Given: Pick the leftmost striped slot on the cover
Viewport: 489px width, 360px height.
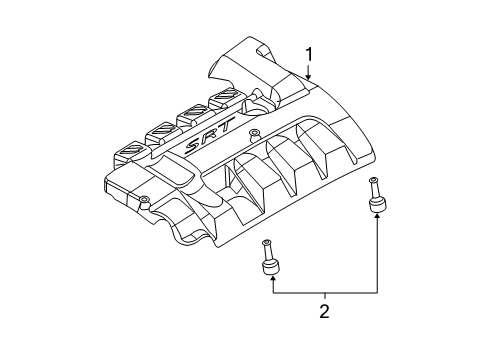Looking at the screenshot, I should (x=130, y=150).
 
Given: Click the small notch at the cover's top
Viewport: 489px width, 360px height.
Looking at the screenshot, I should (x=262, y=51).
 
